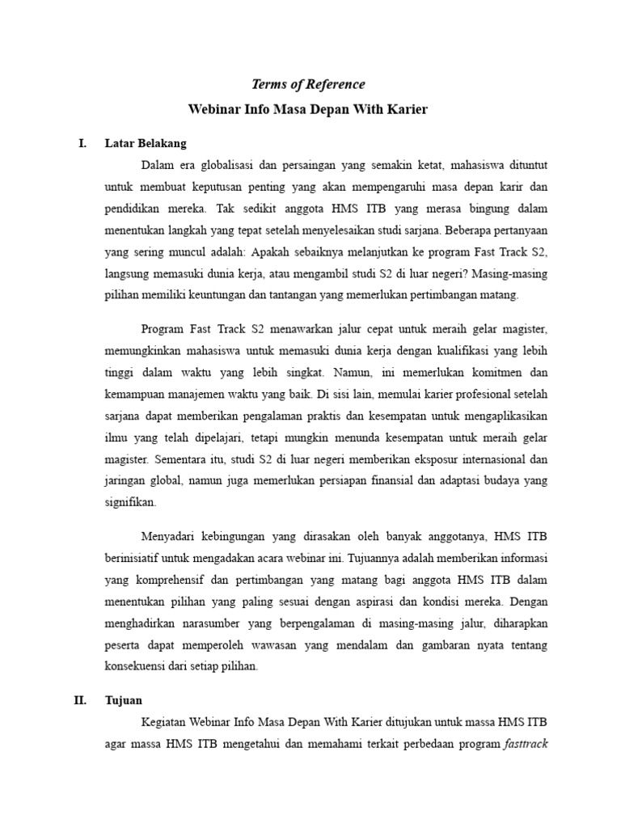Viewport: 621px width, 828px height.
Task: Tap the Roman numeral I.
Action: (x=82, y=143)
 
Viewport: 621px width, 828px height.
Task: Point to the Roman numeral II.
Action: (x=80, y=700)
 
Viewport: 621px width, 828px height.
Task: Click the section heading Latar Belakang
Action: (x=146, y=143)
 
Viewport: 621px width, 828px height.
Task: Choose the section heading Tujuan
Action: (x=123, y=700)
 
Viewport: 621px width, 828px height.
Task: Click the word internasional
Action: (x=498, y=458)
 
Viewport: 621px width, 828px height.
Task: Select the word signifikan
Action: (x=131, y=502)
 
